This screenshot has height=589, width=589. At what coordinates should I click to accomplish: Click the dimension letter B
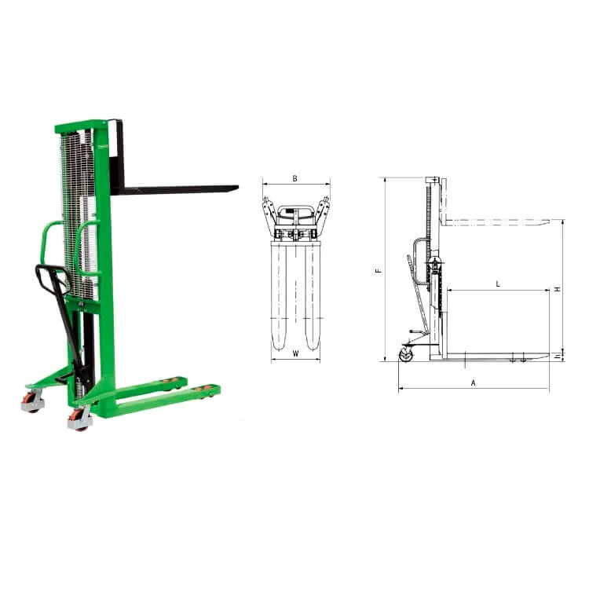pos(294,178)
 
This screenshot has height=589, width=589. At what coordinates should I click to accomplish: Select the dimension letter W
pos(295,353)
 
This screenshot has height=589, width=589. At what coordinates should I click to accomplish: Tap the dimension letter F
pos(379,270)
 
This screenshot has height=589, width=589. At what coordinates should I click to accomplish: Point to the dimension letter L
pos(498,284)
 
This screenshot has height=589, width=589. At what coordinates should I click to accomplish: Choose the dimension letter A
pos(474,382)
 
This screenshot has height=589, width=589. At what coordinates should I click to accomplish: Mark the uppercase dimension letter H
pos(558,289)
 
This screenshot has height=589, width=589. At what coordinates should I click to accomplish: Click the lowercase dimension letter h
pos(558,355)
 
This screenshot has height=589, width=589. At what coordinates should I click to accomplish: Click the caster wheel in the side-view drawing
pos(406,355)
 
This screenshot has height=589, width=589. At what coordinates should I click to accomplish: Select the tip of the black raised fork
pos(238,187)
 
